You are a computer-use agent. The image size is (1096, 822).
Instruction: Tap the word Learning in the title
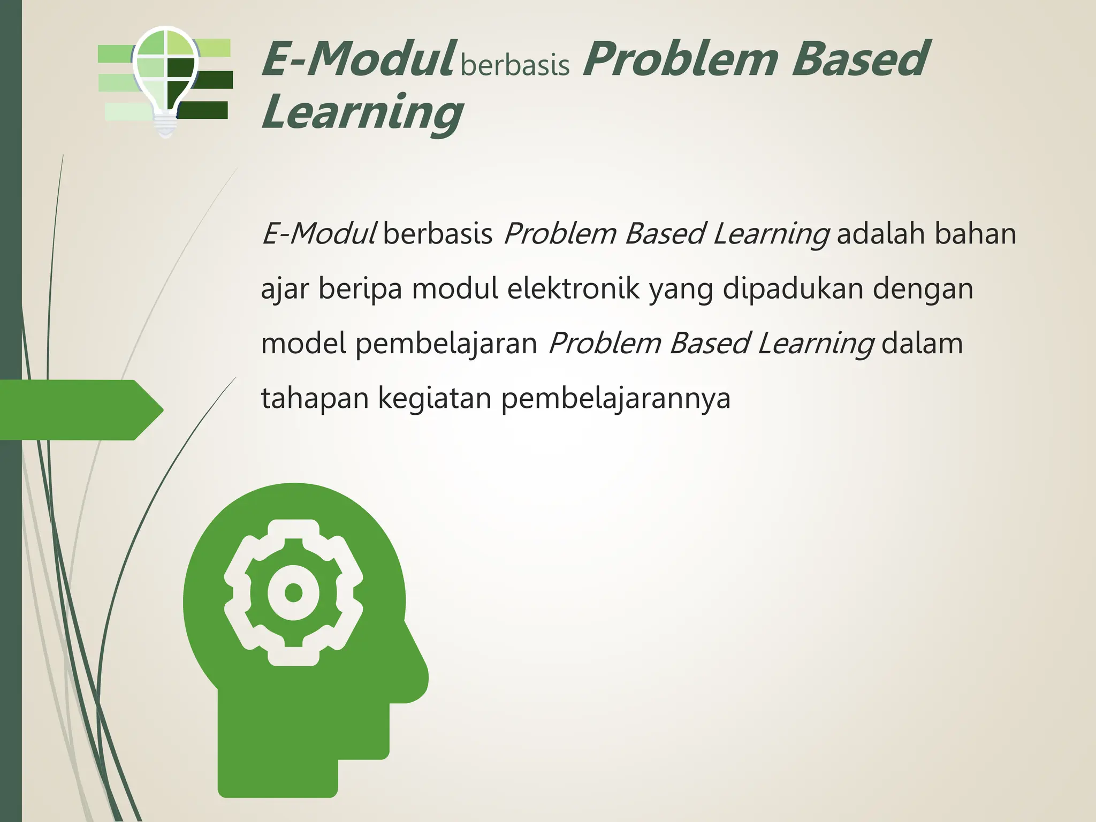(362, 112)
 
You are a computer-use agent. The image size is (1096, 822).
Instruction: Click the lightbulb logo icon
(165, 75)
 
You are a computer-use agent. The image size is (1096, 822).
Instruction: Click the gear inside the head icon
(293, 592)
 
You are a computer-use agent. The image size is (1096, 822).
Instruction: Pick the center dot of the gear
(293, 593)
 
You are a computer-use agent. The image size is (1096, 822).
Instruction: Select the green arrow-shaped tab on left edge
(80, 410)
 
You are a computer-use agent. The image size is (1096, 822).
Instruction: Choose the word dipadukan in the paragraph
(793, 289)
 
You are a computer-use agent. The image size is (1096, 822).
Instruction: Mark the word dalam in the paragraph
(922, 344)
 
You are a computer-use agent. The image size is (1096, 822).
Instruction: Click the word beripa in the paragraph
(360, 289)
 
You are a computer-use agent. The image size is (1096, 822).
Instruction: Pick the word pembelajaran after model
(446, 344)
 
